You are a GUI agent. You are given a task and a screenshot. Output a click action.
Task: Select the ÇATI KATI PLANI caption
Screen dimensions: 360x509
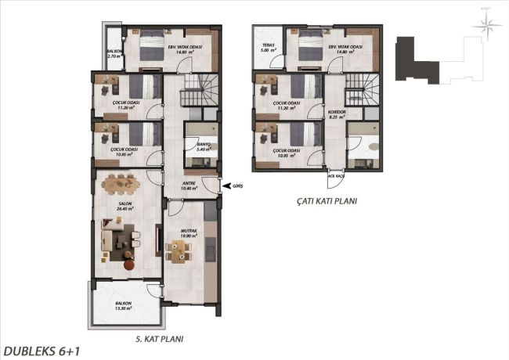(x=326, y=200)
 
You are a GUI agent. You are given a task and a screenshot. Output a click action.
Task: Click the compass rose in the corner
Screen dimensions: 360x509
(x=491, y=27)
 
